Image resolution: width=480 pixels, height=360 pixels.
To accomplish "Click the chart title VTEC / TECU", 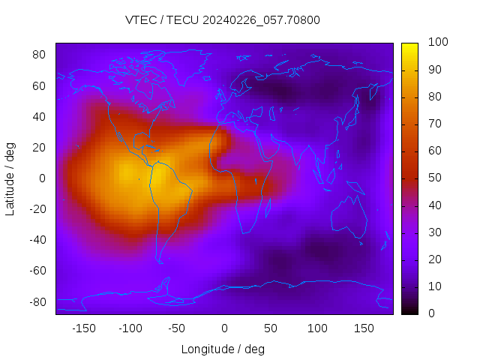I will [223, 20].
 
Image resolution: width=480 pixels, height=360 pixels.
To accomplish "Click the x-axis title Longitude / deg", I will [223, 349].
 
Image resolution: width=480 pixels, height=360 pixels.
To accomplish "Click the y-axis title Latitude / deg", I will [10, 178].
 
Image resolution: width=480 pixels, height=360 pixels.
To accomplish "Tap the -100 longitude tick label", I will [130, 328].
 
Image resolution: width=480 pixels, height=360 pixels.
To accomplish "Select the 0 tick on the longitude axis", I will [223, 328].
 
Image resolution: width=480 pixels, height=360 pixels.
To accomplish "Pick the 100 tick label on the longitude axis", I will [317, 328].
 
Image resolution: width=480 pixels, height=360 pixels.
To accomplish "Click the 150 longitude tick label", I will [364, 328].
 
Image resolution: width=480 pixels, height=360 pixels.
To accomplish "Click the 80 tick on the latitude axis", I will [40, 55].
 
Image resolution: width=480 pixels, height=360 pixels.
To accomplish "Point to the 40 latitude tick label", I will [40, 116].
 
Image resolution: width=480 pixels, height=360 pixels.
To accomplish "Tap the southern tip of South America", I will [160, 261].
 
